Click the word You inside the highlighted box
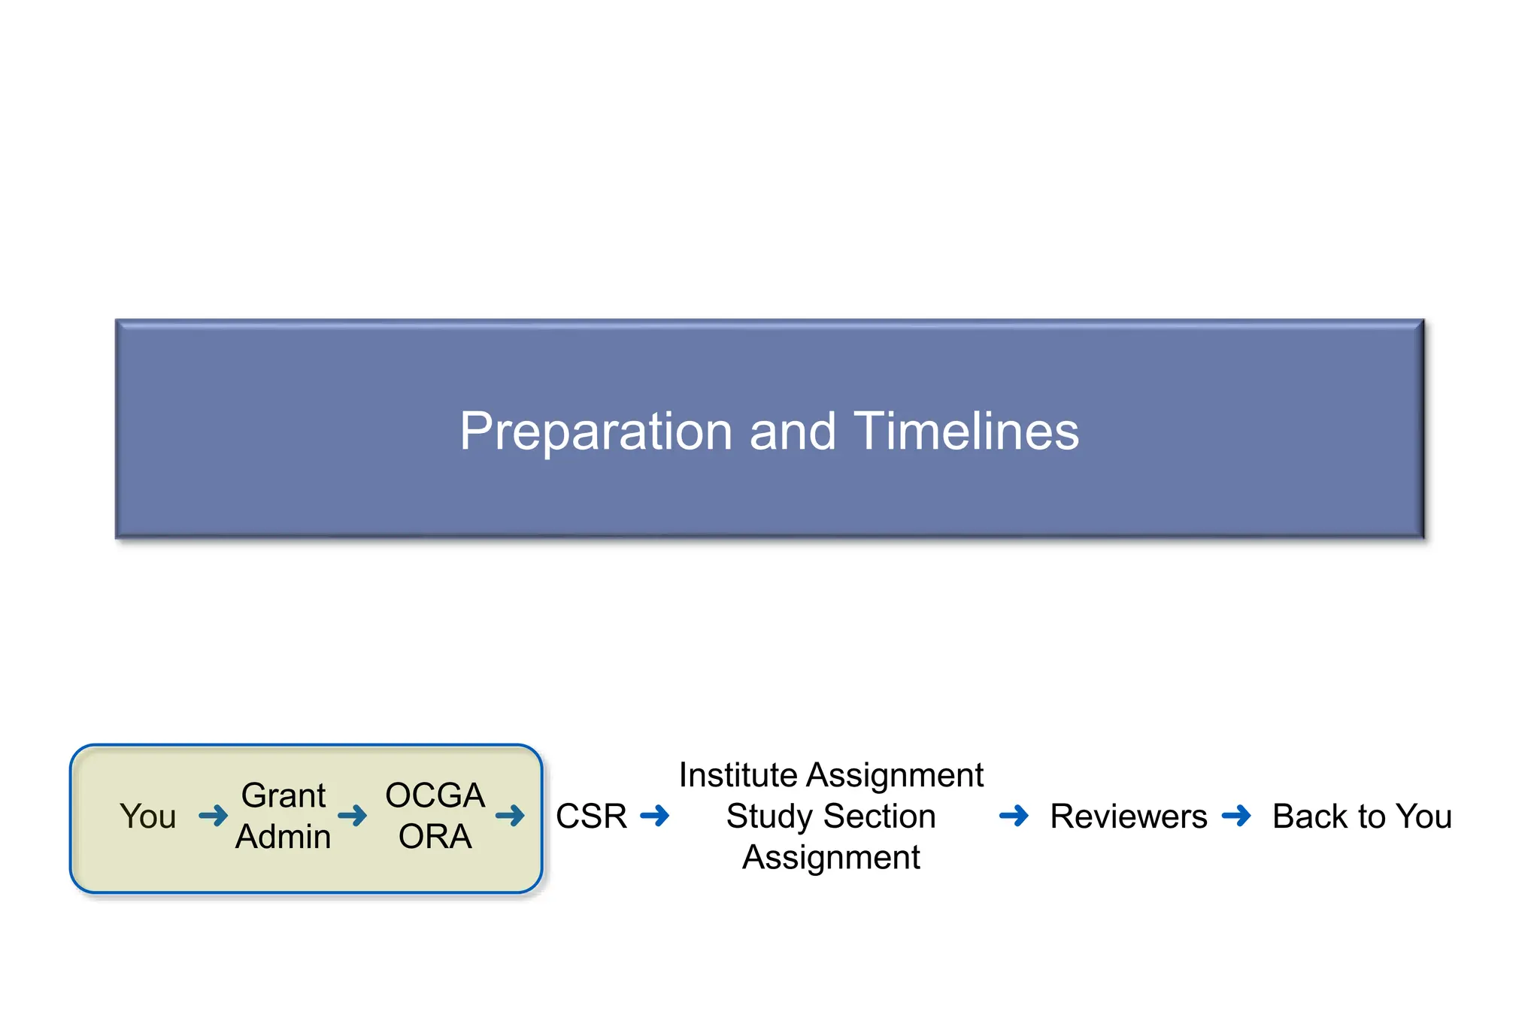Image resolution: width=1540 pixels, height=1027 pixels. (x=147, y=816)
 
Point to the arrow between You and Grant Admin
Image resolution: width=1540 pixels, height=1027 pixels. (x=213, y=816)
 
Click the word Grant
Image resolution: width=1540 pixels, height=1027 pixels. (x=283, y=795)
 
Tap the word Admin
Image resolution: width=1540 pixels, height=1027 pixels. (x=283, y=837)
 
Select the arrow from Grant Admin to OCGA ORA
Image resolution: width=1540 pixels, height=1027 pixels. (x=352, y=816)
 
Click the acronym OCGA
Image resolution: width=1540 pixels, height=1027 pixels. (x=435, y=795)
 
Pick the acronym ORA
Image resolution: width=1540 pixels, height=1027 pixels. (x=435, y=837)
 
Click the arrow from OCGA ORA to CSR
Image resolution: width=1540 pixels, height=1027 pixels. (x=510, y=816)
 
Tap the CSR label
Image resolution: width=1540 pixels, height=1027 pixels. (x=591, y=816)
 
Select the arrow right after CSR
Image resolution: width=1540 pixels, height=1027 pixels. (x=654, y=816)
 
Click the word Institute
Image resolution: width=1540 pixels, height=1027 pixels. (x=738, y=775)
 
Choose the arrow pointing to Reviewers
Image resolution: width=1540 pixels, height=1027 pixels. (x=1014, y=816)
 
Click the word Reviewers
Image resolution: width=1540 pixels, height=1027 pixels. (x=1128, y=816)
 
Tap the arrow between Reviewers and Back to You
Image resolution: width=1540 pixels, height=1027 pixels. (x=1236, y=816)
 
